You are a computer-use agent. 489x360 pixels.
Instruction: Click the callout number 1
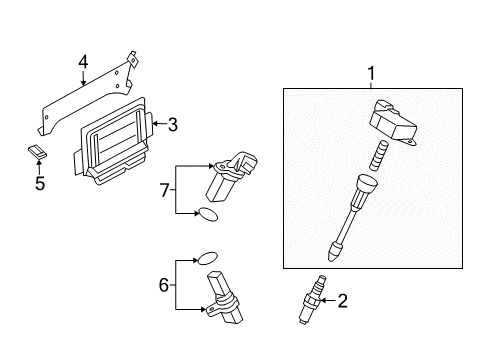coord(371,73)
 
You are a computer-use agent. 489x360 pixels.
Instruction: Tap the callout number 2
coord(342,301)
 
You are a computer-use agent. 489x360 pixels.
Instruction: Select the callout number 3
coord(172,125)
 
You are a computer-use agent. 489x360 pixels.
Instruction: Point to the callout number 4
coord(83,62)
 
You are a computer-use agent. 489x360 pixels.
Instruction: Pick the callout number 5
coord(40,183)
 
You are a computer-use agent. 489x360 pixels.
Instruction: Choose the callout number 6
coord(164,285)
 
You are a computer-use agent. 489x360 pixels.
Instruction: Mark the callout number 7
coord(165,191)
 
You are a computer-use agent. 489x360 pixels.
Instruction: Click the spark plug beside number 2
coord(311,299)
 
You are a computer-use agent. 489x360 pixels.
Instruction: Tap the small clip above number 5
coord(37,152)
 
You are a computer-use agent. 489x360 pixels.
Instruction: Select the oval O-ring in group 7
coord(208,214)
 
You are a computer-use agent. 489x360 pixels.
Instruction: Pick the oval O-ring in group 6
coord(208,258)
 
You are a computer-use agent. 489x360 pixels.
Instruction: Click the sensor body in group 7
coord(231,176)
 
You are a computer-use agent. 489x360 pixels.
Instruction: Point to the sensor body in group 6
coord(223,298)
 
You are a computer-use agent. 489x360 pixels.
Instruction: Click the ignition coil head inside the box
coord(393,122)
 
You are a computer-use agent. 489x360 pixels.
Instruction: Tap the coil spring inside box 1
coord(379,156)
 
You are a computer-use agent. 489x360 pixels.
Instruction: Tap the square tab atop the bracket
coord(132,59)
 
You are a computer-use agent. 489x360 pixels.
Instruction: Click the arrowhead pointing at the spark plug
coord(323,301)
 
